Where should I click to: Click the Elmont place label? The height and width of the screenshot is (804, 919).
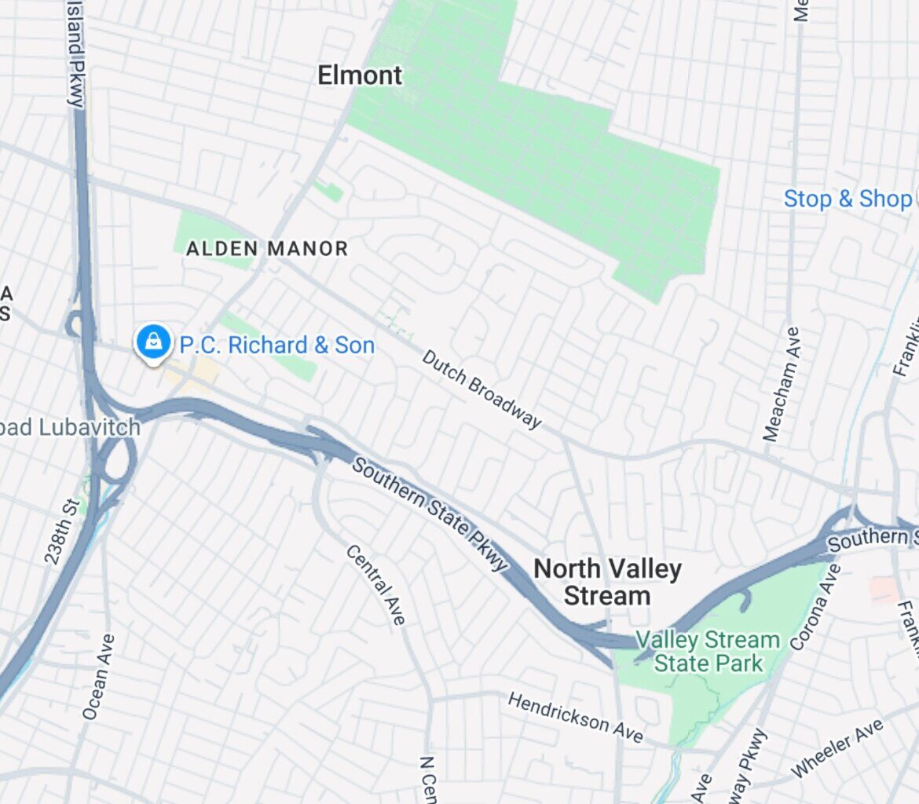click(360, 75)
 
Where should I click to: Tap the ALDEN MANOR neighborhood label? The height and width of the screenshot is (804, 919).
click(267, 249)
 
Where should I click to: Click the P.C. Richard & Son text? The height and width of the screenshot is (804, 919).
click(277, 345)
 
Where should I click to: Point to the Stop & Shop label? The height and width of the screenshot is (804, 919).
click(848, 199)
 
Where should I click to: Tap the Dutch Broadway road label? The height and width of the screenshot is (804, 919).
click(481, 389)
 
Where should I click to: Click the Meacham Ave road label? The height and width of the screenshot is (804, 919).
click(782, 384)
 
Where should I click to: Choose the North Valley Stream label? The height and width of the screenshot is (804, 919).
click(607, 582)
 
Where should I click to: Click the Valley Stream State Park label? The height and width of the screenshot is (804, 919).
click(708, 652)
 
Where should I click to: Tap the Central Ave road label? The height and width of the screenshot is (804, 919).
click(376, 585)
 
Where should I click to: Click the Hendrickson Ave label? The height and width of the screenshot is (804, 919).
click(575, 716)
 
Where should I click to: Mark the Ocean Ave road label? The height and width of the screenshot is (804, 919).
click(98, 677)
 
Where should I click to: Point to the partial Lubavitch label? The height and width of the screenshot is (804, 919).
click(70, 428)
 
